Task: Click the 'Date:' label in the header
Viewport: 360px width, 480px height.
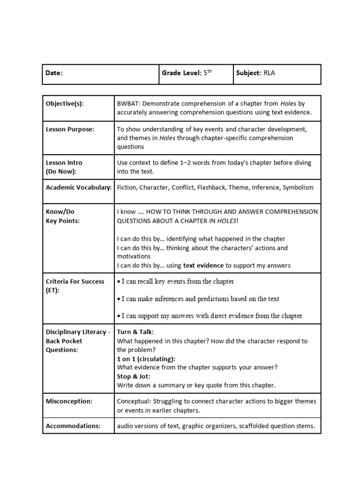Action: click(x=54, y=73)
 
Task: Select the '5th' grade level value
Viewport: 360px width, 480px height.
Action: click(x=208, y=73)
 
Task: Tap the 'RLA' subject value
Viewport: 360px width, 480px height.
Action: click(x=270, y=73)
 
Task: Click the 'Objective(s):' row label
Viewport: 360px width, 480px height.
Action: click(x=65, y=104)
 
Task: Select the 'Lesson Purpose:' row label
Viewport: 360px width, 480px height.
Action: click(x=70, y=129)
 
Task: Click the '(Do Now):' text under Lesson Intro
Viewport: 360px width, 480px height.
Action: click(x=61, y=171)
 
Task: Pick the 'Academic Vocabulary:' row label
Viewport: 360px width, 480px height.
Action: click(x=78, y=187)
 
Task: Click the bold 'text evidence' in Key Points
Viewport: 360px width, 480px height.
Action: click(x=203, y=265)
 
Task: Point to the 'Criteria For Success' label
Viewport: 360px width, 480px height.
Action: click(x=75, y=281)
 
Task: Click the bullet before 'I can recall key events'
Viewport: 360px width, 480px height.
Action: click(x=119, y=282)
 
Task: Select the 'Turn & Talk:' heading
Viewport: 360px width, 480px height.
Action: click(x=135, y=332)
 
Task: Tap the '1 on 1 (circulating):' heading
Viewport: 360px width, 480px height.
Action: click(x=146, y=359)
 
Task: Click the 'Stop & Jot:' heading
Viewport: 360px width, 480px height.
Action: click(x=134, y=376)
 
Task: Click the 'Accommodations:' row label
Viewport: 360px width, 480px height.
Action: click(x=73, y=426)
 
